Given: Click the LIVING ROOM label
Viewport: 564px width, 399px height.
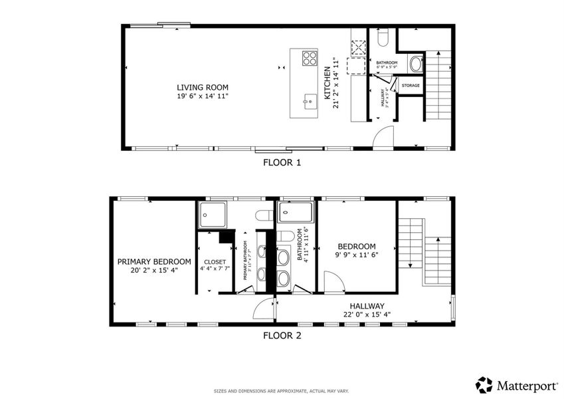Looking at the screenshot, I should [x=202, y=87].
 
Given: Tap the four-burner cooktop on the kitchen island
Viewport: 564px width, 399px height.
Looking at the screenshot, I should [x=310, y=59].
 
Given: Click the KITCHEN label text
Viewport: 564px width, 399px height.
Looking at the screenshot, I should [x=327, y=84].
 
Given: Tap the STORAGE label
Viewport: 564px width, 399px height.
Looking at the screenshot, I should [x=410, y=86].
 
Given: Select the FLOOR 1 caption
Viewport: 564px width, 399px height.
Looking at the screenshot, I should [x=282, y=162].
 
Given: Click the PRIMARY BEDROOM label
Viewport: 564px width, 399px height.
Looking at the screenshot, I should [x=154, y=261].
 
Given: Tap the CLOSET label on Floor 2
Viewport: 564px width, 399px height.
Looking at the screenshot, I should [x=215, y=261].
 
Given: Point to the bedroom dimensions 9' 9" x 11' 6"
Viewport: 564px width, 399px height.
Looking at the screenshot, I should [x=355, y=254].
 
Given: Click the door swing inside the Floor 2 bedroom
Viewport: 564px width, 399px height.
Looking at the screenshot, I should [x=333, y=281].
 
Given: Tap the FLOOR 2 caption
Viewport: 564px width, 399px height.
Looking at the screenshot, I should [x=282, y=336].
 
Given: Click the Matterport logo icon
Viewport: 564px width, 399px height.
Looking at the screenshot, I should [x=484, y=384].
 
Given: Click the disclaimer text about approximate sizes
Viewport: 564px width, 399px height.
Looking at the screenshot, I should [x=282, y=391].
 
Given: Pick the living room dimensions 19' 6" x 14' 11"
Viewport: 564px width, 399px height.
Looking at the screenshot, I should [x=202, y=96].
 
